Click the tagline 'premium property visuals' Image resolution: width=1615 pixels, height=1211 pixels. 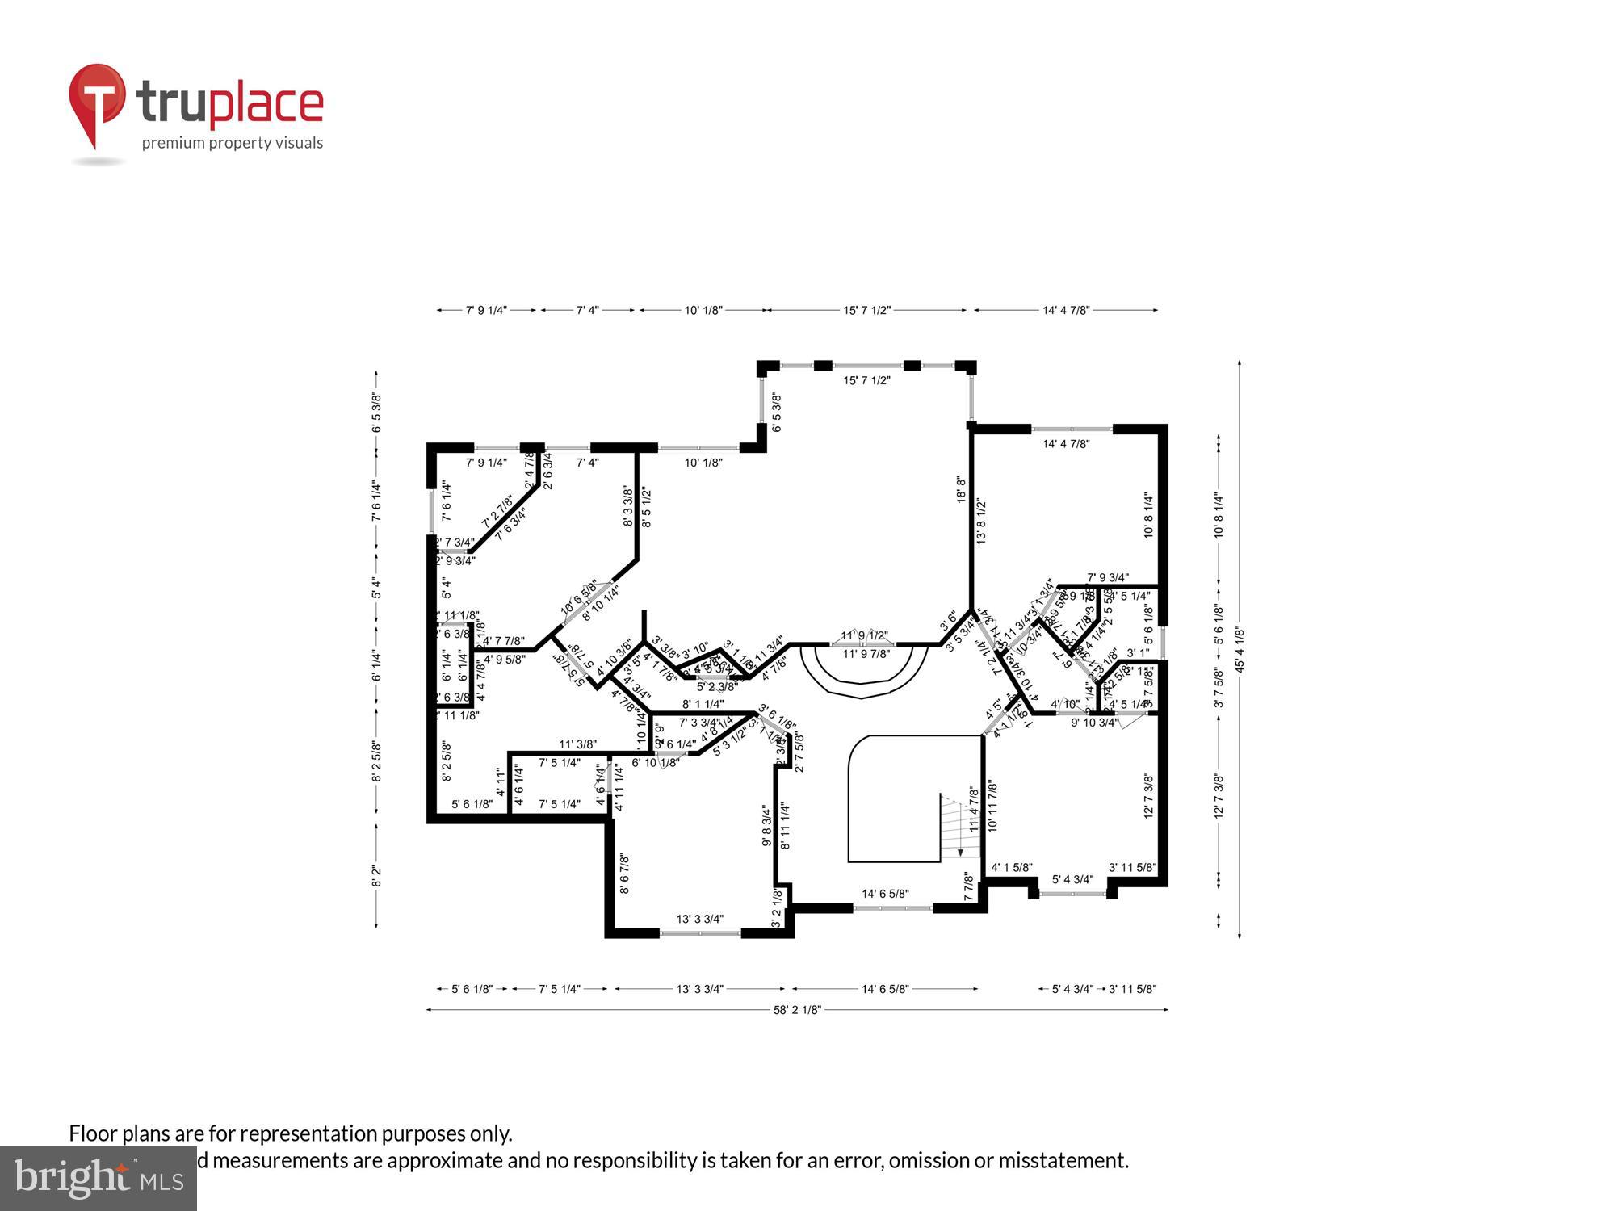pyautogui.click(x=233, y=144)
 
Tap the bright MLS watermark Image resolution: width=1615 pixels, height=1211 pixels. pyautogui.click(x=99, y=1180)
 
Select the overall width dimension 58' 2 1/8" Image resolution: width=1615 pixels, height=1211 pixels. pyautogui.click(x=798, y=1009)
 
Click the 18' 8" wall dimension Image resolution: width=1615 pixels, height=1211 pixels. pyautogui.click(x=961, y=489)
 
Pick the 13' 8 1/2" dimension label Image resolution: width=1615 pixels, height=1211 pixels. pyautogui.click(x=982, y=521)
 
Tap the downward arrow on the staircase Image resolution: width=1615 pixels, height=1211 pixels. pyautogui.click(x=960, y=851)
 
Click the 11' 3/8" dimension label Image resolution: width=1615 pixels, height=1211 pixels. pyautogui.click(x=577, y=744)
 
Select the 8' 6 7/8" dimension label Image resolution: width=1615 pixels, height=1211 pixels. pyautogui.click(x=623, y=874)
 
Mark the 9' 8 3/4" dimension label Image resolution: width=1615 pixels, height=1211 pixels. pyautogui.click(x=766, y=825)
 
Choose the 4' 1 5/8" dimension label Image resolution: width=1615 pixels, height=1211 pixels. pyautogui.click(x=1012, y=868)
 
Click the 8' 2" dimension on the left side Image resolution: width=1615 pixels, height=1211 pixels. pyautogui.click(x=376, y=876)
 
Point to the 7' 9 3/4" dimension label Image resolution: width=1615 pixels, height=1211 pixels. pyautogui.click(x=1108, y=577)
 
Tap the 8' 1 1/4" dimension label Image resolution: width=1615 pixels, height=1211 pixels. pyautogui.click(x=703, y=704)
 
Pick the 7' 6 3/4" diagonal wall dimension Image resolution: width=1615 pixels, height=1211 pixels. pyautogui.click(x=510, y=524)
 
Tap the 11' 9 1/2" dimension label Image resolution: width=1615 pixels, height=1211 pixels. pyautogui.click(x=864, y=635)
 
